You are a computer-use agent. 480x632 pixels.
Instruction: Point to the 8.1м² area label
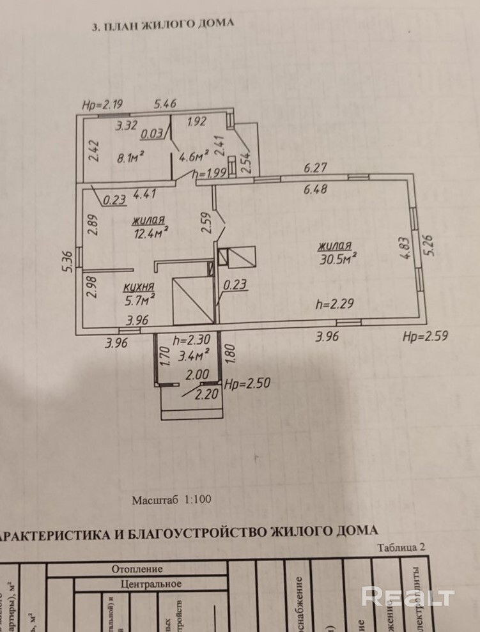point(131,154)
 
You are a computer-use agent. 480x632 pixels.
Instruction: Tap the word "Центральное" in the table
point(151,583)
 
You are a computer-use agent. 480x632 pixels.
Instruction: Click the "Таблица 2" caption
point(401,547)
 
